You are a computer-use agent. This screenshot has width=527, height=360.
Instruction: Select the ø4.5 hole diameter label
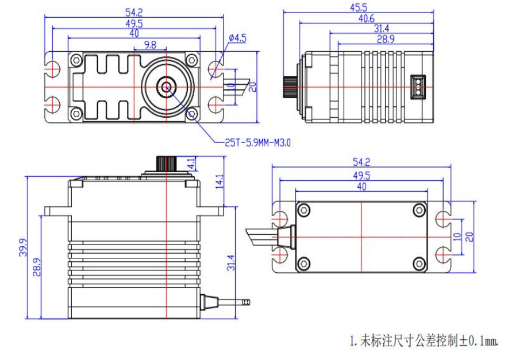click(238, 38)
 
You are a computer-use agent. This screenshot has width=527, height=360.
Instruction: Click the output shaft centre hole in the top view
click(167, 87)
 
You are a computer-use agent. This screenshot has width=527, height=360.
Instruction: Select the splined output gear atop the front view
click(166, 162)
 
